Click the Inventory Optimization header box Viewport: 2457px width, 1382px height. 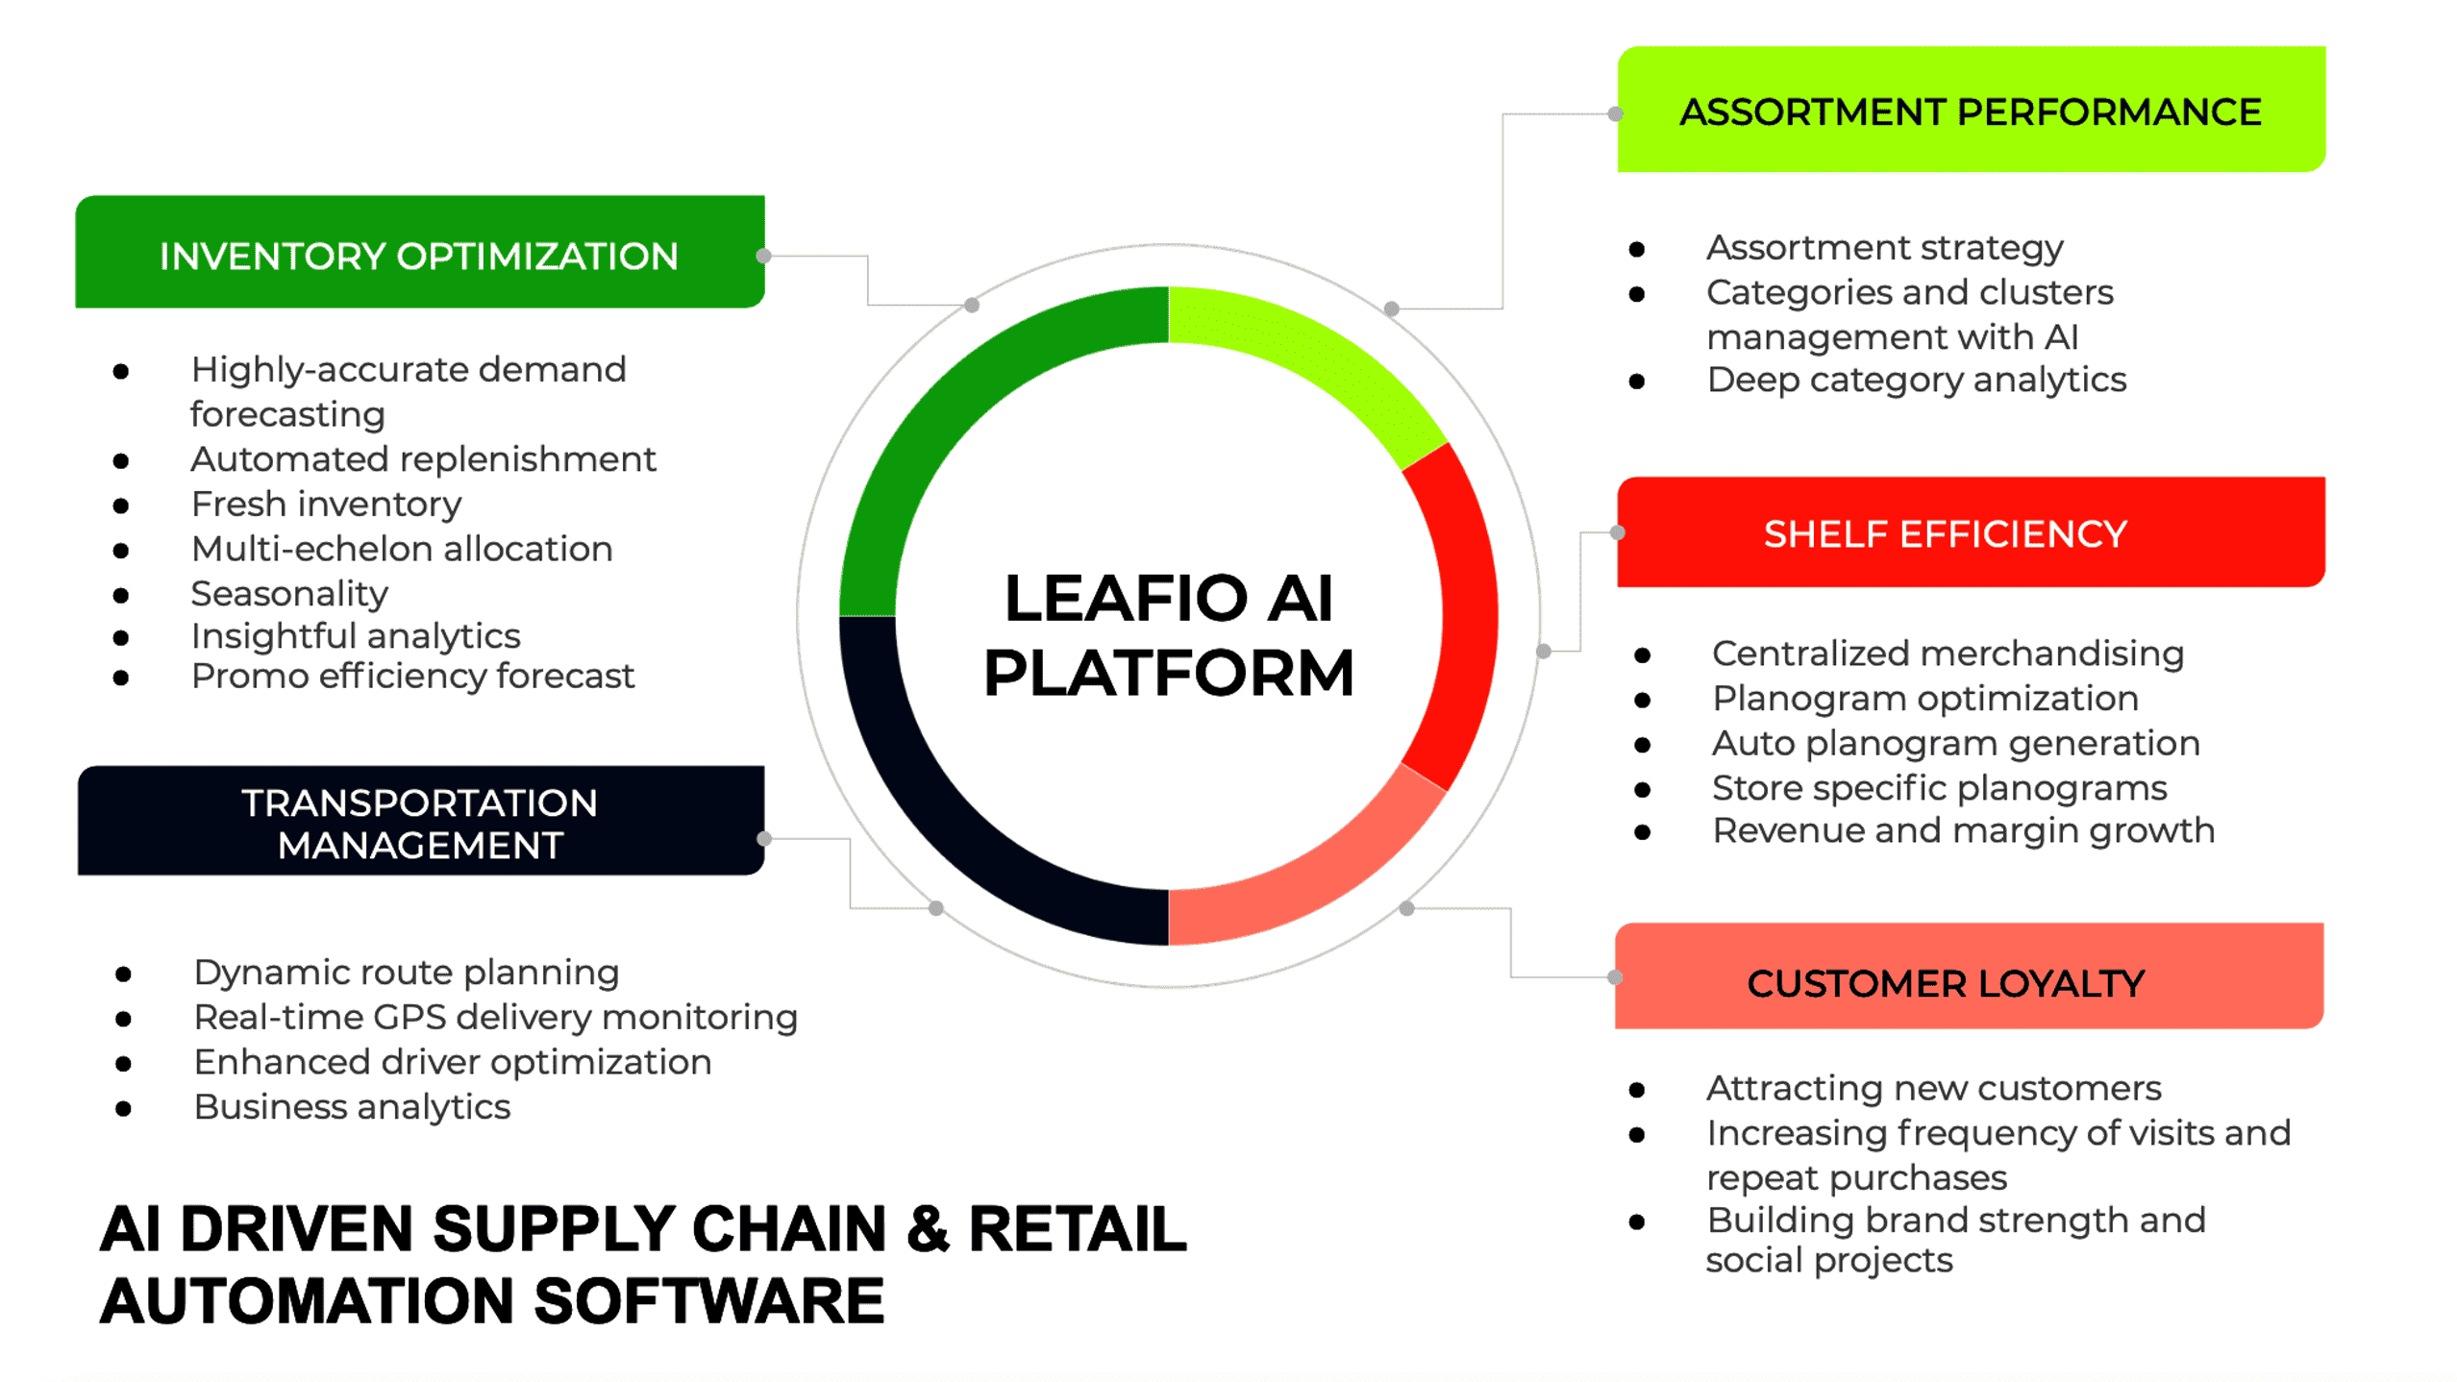point(419,253)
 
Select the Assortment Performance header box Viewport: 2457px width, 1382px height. point(1971,111)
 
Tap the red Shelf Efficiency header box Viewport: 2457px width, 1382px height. point(1971,532)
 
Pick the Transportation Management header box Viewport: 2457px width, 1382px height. point(420,822)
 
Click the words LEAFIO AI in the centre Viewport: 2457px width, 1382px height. point(1168,598)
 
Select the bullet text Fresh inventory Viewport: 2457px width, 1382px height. point(326,504)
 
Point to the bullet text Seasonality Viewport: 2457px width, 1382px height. point(289,593)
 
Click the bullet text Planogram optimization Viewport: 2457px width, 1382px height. point(1924,698)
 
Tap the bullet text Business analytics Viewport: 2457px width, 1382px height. point(352,1106)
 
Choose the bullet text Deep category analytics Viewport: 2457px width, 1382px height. point(1916,380)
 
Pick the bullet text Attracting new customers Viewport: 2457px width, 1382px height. point(1933,1088)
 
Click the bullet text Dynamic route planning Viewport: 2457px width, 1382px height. point(406,972)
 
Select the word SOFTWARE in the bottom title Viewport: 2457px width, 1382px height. point(708,1300)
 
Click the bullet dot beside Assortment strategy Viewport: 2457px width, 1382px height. point(1637,250)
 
